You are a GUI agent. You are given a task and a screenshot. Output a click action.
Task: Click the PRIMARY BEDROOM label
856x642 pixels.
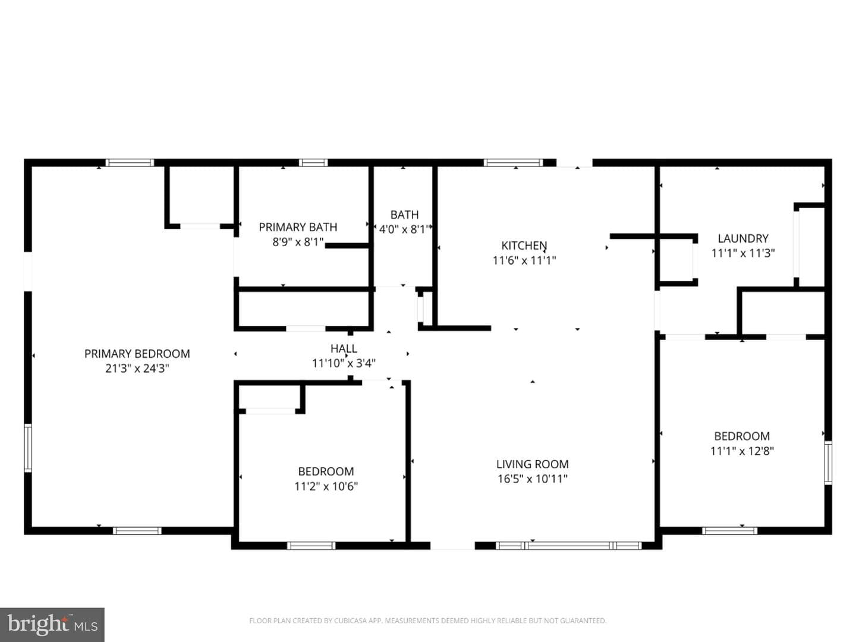click(x=137, y=354)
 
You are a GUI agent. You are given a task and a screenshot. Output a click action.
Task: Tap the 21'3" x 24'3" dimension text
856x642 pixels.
click(x=137, y=369)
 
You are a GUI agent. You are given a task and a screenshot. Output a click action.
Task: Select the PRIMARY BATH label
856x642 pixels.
click(x=298, y=227)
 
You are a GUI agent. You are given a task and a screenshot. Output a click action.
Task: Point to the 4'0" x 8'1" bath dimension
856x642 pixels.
click(x=404, y=229)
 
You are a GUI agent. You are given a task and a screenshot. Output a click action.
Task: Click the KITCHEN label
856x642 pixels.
click(x=524, y=246)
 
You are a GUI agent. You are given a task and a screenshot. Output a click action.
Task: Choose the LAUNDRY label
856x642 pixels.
click(x=743, y=238)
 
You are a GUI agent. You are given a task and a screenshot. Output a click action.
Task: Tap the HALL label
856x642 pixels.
click(x=344, y=348)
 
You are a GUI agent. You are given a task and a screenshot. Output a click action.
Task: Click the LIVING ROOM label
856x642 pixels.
click(x=532, y=464)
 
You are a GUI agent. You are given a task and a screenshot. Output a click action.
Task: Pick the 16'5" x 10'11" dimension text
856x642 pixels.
click(x=532, y=479)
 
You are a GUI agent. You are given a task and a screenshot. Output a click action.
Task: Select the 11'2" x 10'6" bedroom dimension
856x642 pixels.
click(x=326, y=486)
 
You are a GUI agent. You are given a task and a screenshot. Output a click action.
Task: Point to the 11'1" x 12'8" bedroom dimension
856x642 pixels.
click(x=742, y=451)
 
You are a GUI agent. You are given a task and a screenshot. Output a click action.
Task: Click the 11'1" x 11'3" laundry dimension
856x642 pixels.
click(x=743, y=253)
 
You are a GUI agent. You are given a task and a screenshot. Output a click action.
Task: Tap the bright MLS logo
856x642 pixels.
click(x=52, y=624)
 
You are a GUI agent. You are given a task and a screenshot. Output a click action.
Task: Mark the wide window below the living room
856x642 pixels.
click(x=569, y=545)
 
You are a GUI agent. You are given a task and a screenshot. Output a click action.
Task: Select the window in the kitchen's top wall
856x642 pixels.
click(x=514, y=162)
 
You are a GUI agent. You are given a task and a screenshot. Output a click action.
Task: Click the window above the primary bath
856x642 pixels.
click(x=313, y=162)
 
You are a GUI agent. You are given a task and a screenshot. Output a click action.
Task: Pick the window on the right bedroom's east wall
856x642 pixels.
click(x=828, y=462)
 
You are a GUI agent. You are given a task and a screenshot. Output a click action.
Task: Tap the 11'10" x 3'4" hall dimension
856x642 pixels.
click(x=344, y=363)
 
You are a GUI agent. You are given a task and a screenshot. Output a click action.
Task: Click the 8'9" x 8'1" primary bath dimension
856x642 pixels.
click(x=298, y=242)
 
